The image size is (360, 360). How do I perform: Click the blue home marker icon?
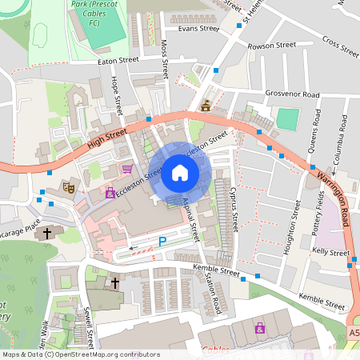tap(180, 172)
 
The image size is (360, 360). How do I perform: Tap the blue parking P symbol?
tap(162, 241)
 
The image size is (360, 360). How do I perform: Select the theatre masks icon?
tap(70, 186)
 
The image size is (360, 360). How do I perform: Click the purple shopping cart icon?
tap(127, 169)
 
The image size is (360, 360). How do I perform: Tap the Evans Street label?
tap(198, 28)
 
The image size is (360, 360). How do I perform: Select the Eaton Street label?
tap(118, 59)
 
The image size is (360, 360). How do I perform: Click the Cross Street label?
tap(340, 46)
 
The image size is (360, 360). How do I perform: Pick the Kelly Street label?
tap(331, 251)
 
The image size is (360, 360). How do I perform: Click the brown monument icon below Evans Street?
tap(206, 105)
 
